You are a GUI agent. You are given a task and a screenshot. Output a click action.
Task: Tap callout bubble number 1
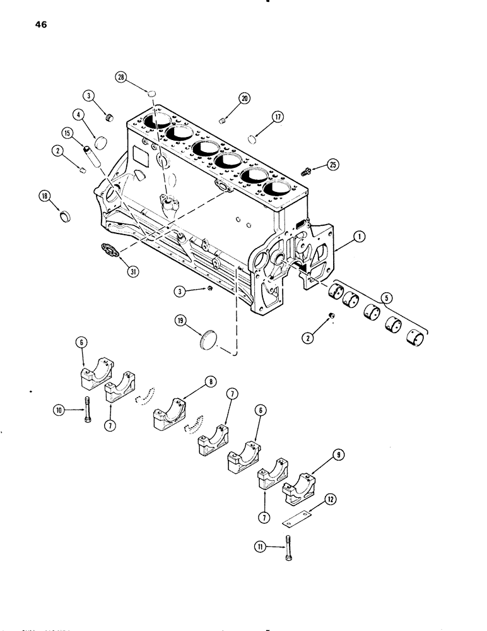pos(359,238)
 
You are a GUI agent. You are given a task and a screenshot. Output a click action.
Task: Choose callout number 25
pos(334,165)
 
